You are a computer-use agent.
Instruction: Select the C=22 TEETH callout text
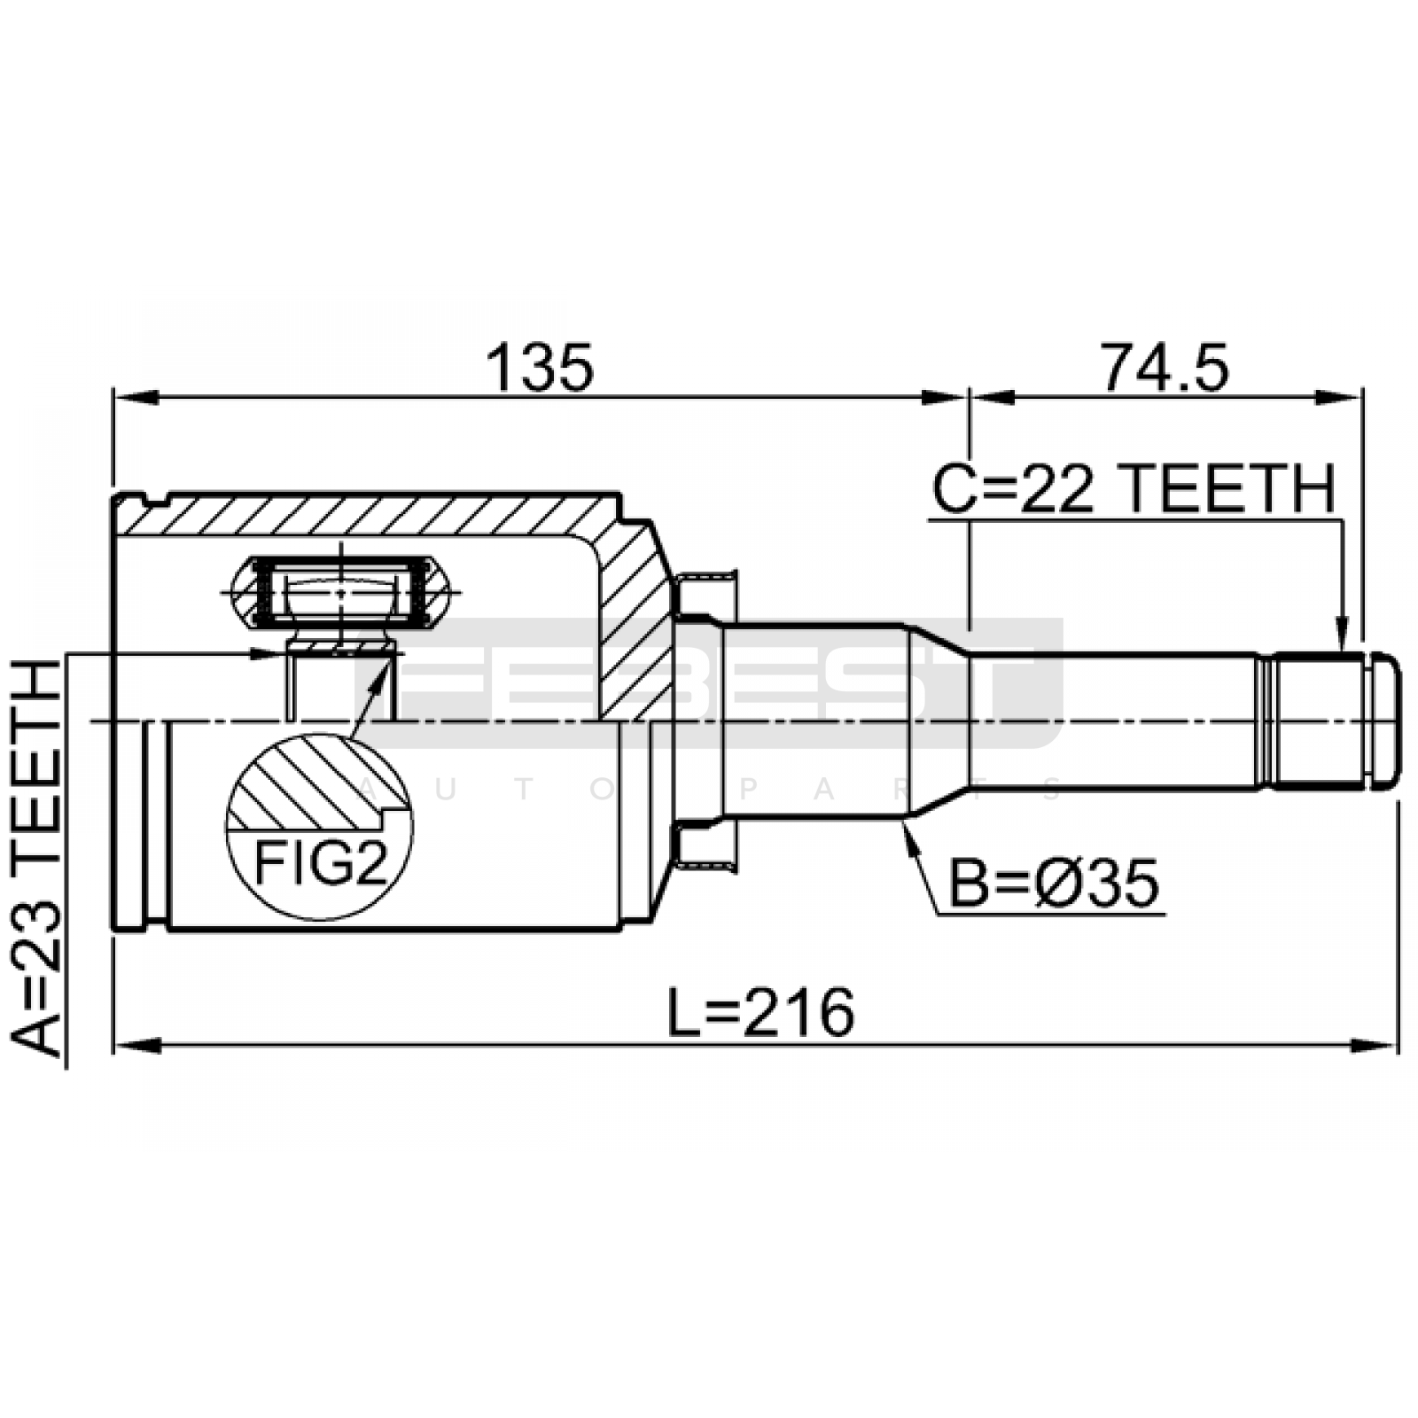(x=1134, y=489)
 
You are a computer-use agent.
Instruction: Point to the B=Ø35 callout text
(x=1054, y=884)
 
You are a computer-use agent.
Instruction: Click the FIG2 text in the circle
(x=321, y=861)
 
